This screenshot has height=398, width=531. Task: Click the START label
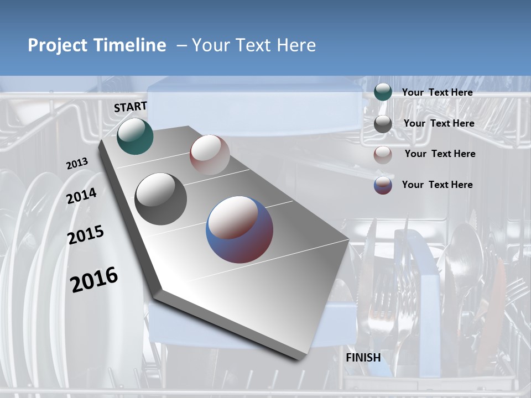[131, 107]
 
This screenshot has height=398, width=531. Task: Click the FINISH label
[363, 358]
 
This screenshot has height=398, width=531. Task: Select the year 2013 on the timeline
[77, 164]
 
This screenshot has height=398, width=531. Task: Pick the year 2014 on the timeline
[82, 196]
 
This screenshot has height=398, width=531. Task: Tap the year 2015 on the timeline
[86, 235]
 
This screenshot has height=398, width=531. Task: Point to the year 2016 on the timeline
[94, 280]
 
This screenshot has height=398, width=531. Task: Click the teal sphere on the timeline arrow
[135, 137]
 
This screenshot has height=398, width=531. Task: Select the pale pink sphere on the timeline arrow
[210, 155]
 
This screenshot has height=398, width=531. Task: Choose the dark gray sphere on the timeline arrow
[161, 198]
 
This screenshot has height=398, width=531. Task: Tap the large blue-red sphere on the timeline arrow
[240, 229]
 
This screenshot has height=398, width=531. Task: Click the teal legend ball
[383, 92]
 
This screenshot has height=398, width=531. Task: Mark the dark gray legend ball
[383, 124]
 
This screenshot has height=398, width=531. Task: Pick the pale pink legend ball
[383, 155]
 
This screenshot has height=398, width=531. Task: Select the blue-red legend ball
[383, 185]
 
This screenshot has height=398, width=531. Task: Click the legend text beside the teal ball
[437, 93]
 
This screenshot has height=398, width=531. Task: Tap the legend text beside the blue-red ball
[437, 185]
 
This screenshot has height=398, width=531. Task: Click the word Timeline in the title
[132, 45]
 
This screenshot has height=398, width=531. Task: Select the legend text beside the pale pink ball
[440, 154]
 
